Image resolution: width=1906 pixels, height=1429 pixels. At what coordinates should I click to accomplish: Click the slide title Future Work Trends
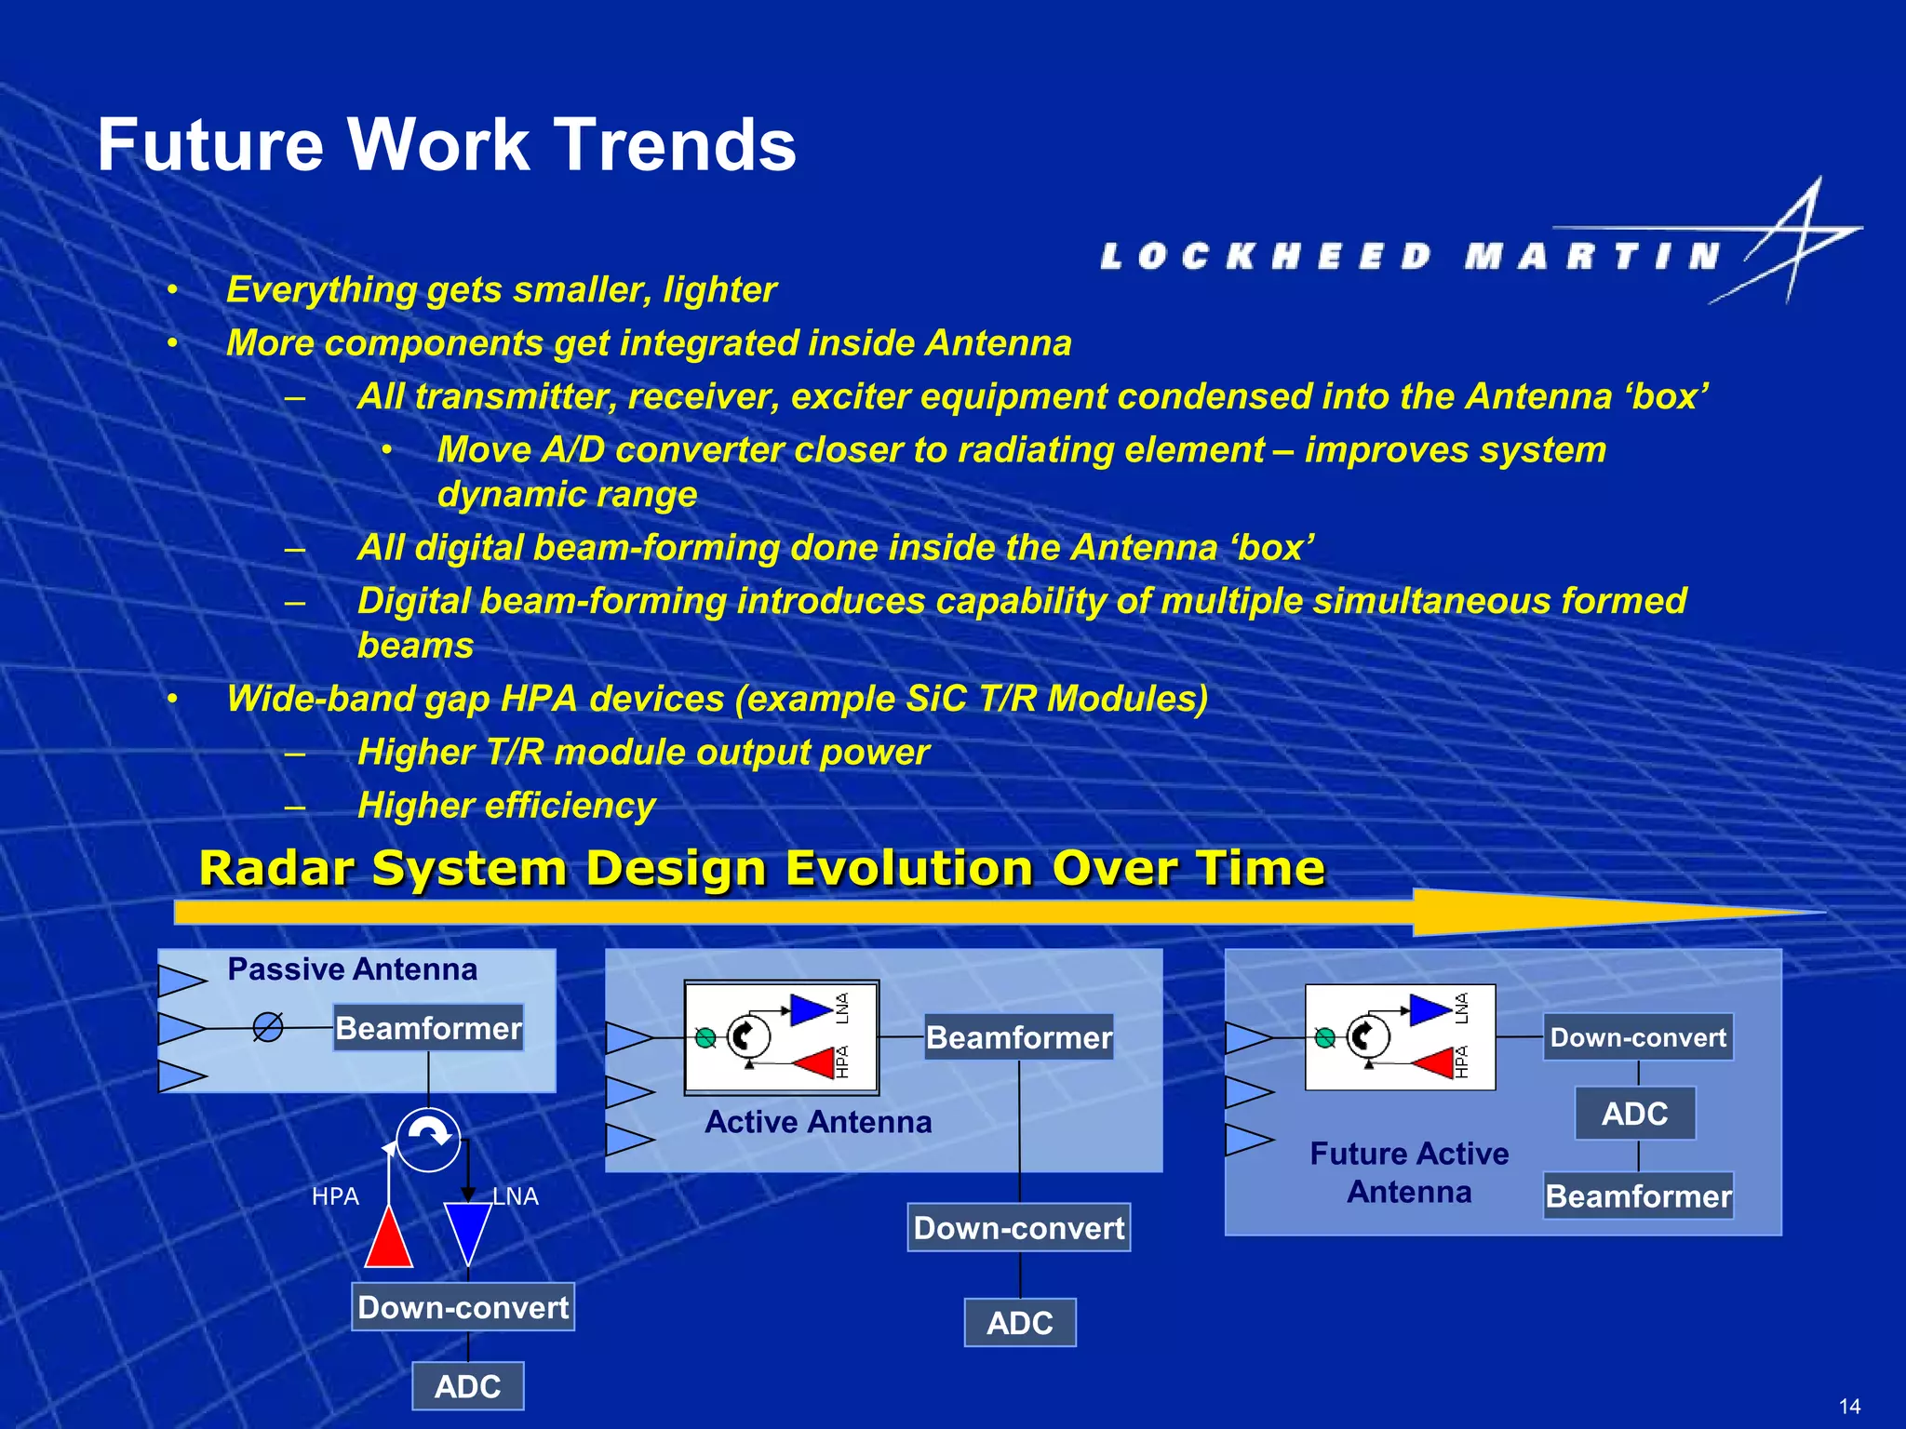click(x=447, y=145)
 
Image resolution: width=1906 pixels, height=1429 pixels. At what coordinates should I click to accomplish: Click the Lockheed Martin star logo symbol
click(x=1792, y=244)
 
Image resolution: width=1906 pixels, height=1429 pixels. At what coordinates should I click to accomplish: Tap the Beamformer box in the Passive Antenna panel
click(x=428, y=1028)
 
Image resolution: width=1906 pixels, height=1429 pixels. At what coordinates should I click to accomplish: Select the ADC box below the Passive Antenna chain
click(x=468, y=1386)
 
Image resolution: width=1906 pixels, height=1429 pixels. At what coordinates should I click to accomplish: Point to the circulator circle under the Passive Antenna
click(x=428, y=1139)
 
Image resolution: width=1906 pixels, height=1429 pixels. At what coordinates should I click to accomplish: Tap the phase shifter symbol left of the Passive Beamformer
click(x=268, y=1028)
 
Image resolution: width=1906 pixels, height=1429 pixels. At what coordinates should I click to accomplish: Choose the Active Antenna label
click(x=818, y=1122)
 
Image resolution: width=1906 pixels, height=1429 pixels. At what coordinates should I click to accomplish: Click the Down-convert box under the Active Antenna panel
click(x=1019, y=1228)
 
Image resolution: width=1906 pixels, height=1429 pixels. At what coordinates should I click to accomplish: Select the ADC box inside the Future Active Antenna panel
click(x=1635, y=1114)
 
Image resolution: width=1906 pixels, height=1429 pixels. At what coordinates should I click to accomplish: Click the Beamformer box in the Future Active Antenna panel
click(x=1638, y=1196)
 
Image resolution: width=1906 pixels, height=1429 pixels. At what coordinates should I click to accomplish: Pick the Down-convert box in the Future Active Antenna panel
click(x=1638, y=1037)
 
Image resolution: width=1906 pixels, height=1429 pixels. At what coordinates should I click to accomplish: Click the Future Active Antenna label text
click(x=1409, y=1172)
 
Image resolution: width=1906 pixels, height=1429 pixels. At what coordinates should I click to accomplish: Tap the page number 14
click(x=1849, y=1407)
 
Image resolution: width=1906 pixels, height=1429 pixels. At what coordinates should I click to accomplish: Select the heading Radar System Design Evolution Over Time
click(x=761, y=869)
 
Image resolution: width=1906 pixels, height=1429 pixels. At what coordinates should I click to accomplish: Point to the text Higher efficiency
click(x=506, y=806)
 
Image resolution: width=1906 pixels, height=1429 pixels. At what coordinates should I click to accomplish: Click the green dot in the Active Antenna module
click(x=705, y=1037)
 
